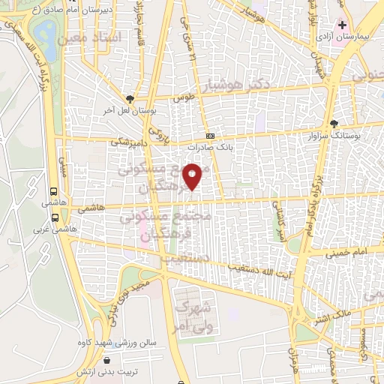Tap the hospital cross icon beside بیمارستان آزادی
[343, 25]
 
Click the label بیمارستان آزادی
[352, 36]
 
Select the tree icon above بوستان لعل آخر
[130, 98]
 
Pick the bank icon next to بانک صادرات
[211, 136]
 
